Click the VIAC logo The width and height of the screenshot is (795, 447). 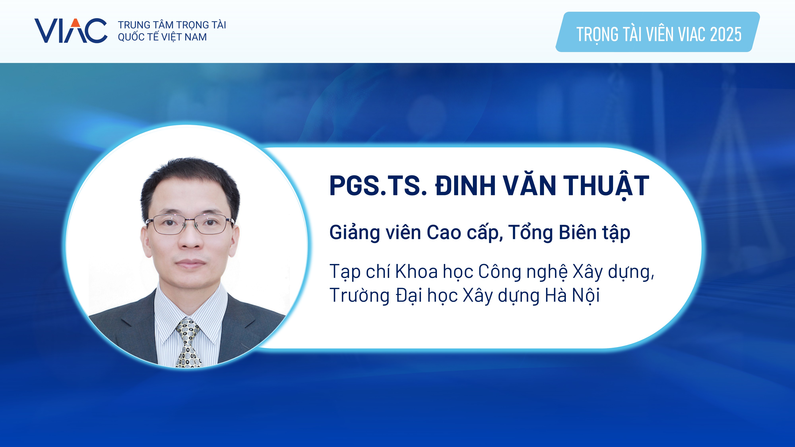[71, 31]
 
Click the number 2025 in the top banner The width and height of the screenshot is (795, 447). [726, 34]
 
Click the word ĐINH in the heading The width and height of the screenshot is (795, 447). [465, 186]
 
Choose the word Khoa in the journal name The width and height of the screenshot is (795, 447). [417, 271]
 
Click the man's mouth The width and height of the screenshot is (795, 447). [190, 263]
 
